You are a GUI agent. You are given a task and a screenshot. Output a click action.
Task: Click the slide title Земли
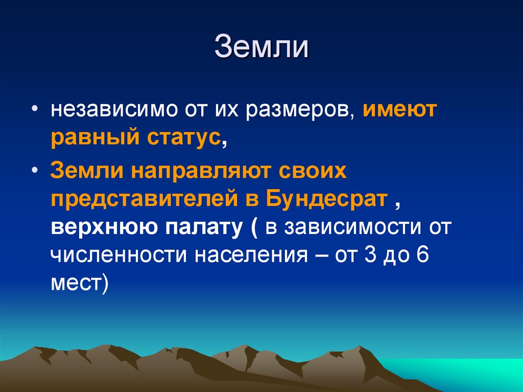tap(261, 47)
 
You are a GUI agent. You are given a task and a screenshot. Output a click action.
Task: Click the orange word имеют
tap(400, 110)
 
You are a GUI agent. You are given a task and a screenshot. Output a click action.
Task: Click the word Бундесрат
tap(327, 199)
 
